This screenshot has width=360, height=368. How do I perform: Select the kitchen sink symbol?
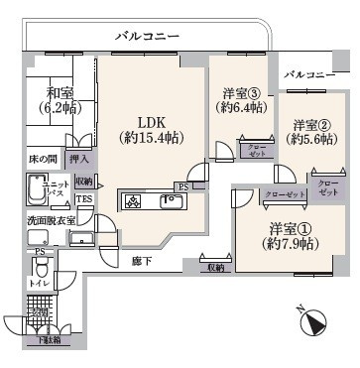(170, 202)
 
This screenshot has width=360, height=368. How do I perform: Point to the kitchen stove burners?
(135, 202)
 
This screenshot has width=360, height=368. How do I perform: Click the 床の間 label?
(44, 159)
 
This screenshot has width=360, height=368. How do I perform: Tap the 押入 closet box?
(82, 159)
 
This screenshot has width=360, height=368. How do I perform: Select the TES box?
(84, 198)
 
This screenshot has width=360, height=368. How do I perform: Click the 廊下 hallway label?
(142, 260)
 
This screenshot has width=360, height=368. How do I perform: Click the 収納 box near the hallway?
(215, 267)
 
